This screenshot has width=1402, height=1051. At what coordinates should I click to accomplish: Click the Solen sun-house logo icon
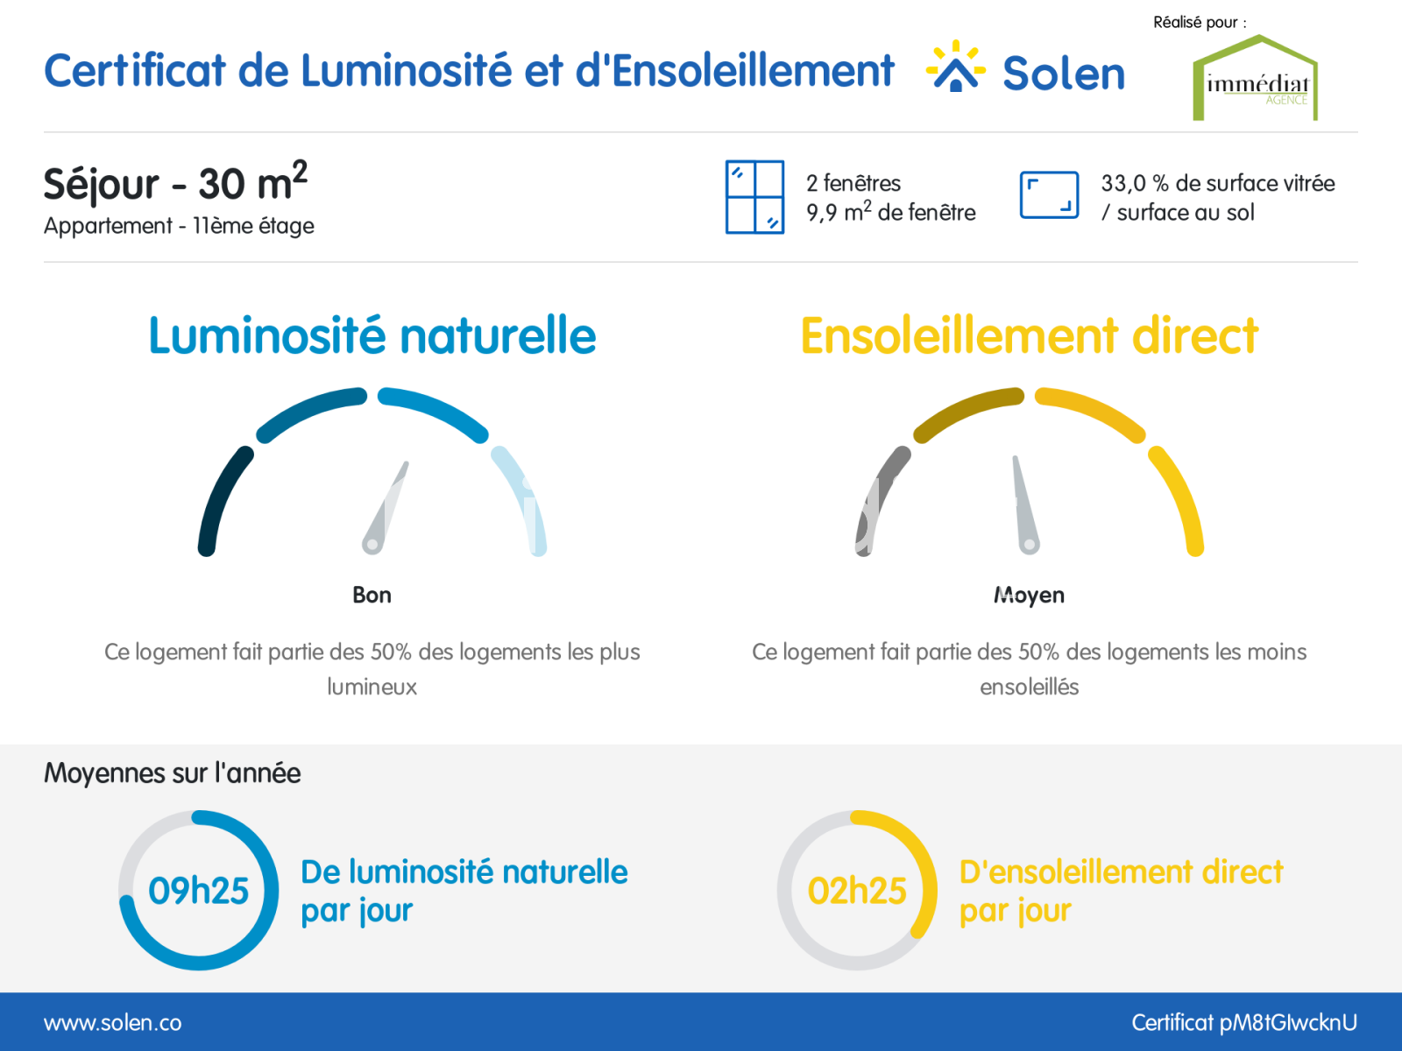955,67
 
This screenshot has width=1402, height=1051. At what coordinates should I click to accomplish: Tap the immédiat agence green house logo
1255,77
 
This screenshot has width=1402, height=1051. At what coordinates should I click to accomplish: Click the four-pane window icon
754,197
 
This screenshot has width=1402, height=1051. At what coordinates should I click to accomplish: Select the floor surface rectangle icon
1049,195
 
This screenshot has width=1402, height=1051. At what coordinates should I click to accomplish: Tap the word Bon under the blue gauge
372,595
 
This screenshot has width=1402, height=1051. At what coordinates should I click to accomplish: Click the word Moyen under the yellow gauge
1029,596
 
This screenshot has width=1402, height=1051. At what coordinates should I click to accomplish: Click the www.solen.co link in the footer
112,1023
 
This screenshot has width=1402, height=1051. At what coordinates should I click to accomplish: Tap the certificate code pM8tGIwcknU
1288,1023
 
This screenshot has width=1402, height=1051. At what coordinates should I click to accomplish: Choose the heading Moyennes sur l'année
172,772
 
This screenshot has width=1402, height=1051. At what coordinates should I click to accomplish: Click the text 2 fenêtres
853,183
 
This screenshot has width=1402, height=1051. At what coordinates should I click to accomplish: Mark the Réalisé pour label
1200,23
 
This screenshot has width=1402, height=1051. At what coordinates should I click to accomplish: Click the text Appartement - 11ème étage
179,226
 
